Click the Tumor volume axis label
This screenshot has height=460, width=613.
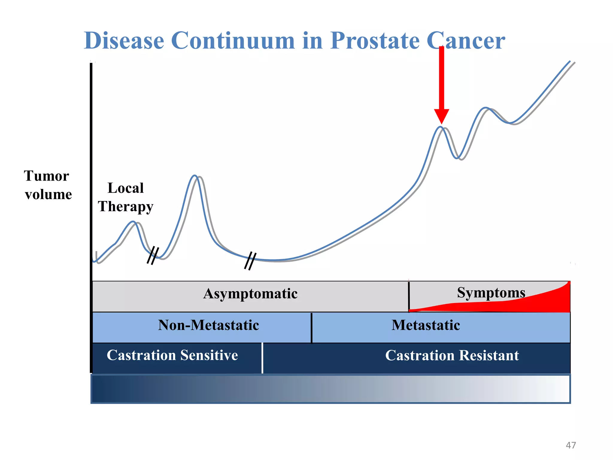(x=48, y=185)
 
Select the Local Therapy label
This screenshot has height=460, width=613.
(x=126, y=197)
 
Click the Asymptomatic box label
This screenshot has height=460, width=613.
(x=250, y=293)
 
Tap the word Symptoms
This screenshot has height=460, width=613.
(x=491, y=293)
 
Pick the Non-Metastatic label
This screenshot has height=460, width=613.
(x=208, y=325)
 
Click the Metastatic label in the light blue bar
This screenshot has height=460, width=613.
(x=426, y=325)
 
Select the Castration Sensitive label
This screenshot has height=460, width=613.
(x=172, y=355)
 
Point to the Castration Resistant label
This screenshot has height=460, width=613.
(x=452, y=355)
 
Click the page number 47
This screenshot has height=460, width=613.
(x=570, y=445)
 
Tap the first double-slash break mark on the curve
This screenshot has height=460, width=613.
(x=153, y=255)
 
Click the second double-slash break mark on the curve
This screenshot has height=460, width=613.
(x=250, y=261)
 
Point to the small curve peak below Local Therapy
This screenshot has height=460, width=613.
(x=133, y=222)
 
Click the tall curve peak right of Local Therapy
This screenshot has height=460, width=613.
(x=195, y=176)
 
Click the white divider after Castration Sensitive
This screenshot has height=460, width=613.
(x=262, y=358)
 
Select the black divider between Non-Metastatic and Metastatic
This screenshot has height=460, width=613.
(x=312, y=328)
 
